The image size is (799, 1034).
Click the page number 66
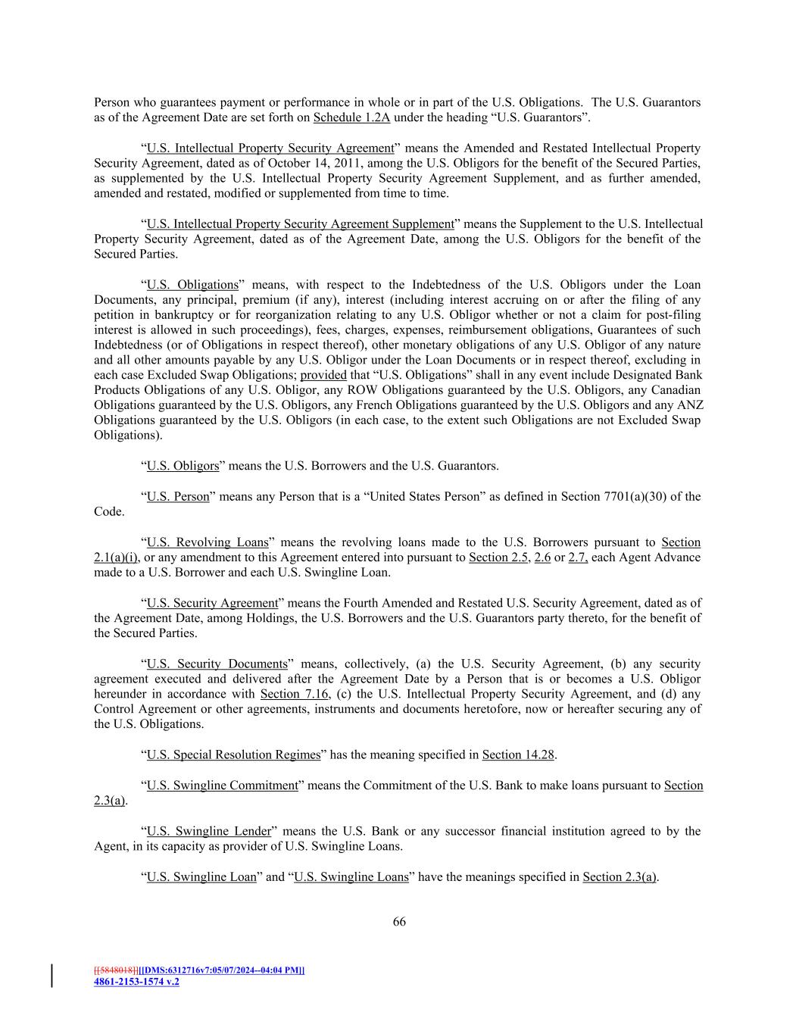[399, 922]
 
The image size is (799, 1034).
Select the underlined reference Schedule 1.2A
[351, 117]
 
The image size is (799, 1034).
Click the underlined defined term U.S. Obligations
[192, 285]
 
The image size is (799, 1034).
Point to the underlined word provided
[323, 375]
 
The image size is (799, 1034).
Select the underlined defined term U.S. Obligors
[183, 466]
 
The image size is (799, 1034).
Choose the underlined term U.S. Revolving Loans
[208, 542]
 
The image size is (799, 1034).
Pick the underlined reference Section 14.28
[518, 755]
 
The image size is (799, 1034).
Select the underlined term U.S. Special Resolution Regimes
[233, 755]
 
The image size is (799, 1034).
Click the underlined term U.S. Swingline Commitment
[222, 786]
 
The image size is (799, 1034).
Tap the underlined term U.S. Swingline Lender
[208, 832]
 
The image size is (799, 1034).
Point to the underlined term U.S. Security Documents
[217, 664]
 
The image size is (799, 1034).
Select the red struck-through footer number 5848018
[116, 970]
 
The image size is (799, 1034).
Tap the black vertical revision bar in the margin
[52, 976]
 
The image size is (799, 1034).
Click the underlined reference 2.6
[542, 558]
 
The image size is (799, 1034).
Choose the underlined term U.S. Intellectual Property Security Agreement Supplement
[300, 224]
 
